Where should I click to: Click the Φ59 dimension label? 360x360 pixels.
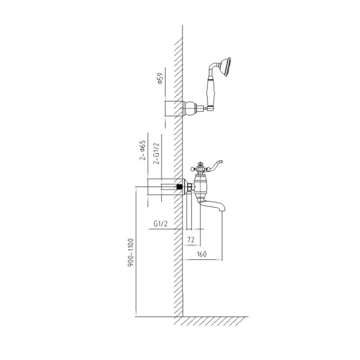click(x=160, y=79)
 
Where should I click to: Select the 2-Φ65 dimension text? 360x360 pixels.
click(x=143, y=150)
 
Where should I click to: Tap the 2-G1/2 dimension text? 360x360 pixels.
click(x=157, y=153)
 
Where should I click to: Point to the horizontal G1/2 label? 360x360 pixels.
click(x=161, y=223)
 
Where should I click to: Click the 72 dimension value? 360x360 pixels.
click(x=191, y=240)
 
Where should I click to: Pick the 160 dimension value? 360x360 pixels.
click(x=202, y=254)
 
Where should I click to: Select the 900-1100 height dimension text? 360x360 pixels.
click(x=131, y=253)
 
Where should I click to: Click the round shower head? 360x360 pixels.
click(x=225, y=67)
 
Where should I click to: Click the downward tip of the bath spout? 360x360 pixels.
click(x=223, y=211)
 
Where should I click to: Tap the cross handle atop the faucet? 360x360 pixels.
click(x=199, y=169)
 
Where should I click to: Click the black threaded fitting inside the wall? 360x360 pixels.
click(x=179, y=187)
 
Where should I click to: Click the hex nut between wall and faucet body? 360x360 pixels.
click(x=190, y=187)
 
